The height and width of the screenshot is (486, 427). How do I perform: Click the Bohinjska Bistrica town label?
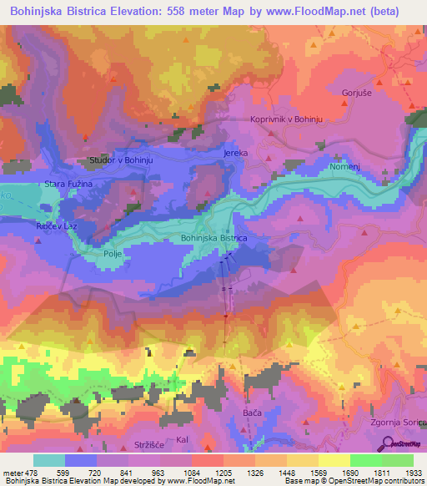213,239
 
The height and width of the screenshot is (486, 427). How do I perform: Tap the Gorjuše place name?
356,93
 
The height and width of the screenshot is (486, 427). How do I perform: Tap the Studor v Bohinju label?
123,159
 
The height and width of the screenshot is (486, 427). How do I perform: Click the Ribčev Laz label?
52,228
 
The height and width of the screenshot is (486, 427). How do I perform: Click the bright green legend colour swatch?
365,460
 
